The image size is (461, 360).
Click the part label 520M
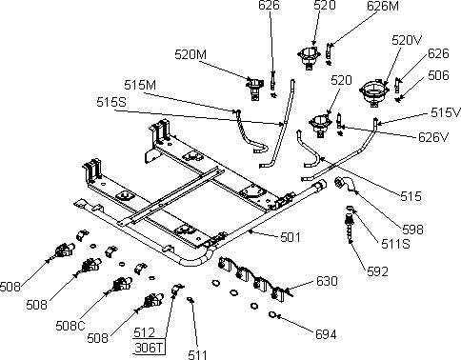click(190, 54)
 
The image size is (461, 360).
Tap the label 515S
click(111, 102)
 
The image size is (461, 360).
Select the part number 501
click(291, 237)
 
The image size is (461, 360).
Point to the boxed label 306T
click(149, 348)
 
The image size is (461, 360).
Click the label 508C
click(70, 326)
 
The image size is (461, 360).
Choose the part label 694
click(326, 334)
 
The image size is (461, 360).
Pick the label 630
click(327, 281)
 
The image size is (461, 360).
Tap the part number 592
click(377, 271)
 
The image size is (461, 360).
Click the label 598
click(412, 230)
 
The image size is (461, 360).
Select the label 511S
click(395, 244)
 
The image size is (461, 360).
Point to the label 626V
click(433, 137)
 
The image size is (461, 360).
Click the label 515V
click(446, 112)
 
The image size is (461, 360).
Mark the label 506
click(438, 75)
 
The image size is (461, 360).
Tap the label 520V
click(407, 40)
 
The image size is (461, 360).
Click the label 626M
click(383, 6)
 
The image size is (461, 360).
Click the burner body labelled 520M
click(254, 89)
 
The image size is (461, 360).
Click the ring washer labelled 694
click(272, 314)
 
